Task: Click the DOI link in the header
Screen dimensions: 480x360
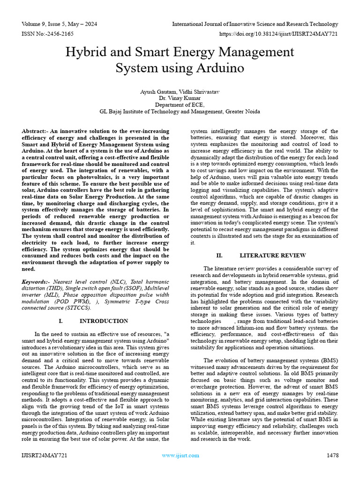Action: [278, 34]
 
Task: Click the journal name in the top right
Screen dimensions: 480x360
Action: [255, 24]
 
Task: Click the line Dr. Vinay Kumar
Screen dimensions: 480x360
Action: [180, 98]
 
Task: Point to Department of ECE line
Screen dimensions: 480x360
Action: [180, 105]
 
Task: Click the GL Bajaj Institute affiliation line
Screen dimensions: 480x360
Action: [180, 112]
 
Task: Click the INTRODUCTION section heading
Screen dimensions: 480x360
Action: [104, 321]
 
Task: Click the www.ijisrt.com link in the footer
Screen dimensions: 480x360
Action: [180, 455]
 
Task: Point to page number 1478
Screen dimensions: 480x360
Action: [332, 455]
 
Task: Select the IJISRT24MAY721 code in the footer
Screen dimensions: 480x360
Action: [44, 455]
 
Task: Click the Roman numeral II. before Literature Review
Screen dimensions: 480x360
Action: [219, 255]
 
